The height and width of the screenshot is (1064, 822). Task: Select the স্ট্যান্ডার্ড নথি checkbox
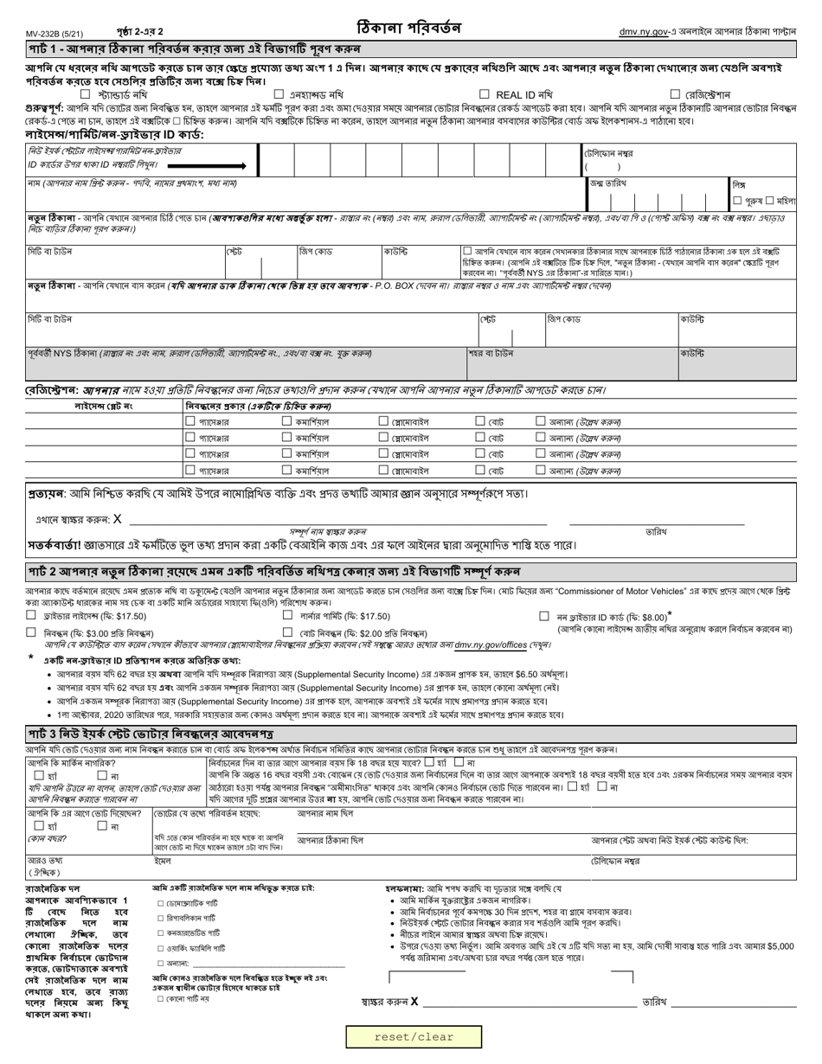(x=85, y=94)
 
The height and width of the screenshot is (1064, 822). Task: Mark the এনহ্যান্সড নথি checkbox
(x=279, y=94)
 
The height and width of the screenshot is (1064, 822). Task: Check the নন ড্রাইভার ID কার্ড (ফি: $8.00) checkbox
(x=543, y=617)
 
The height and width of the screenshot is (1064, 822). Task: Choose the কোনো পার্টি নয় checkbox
(x=160, y=999)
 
